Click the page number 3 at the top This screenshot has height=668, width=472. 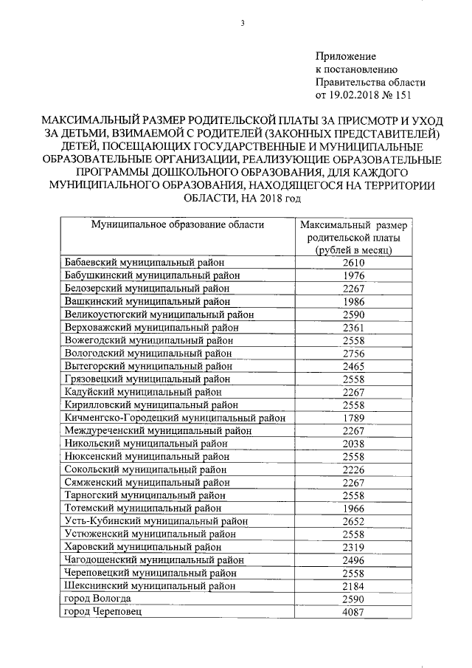point(241,24)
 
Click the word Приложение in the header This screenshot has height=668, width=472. point(346,56)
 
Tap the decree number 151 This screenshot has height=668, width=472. point(402,95)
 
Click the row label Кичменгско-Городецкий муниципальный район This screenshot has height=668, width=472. point(175,418)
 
